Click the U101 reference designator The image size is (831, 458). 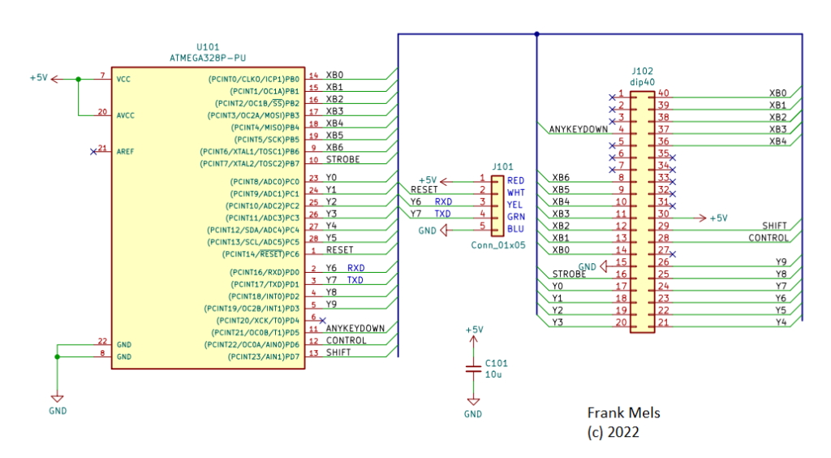[x=208, y=48]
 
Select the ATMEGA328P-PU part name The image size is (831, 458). [x=208, y=59]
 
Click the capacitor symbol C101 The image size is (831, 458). [x=473, y=369]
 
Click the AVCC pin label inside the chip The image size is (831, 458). [x=127, y=115]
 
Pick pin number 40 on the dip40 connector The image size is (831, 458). [x=664, y=93]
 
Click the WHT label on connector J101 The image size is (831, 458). [x=515, y=192]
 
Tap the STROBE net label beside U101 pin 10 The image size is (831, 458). [x=342, y=160]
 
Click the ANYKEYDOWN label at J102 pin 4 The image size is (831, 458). [x=578, y=129]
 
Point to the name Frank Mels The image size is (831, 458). [x=623, y=413]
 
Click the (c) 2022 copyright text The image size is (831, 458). [x=613, y=433]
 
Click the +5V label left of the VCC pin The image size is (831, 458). [x=38, y=78]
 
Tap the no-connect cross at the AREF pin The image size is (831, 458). [x=94, y=151]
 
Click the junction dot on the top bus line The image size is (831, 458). [x=537, y=35]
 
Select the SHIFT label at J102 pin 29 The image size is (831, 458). [x=774, y=226]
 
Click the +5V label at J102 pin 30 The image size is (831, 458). [x=718, y=218]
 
